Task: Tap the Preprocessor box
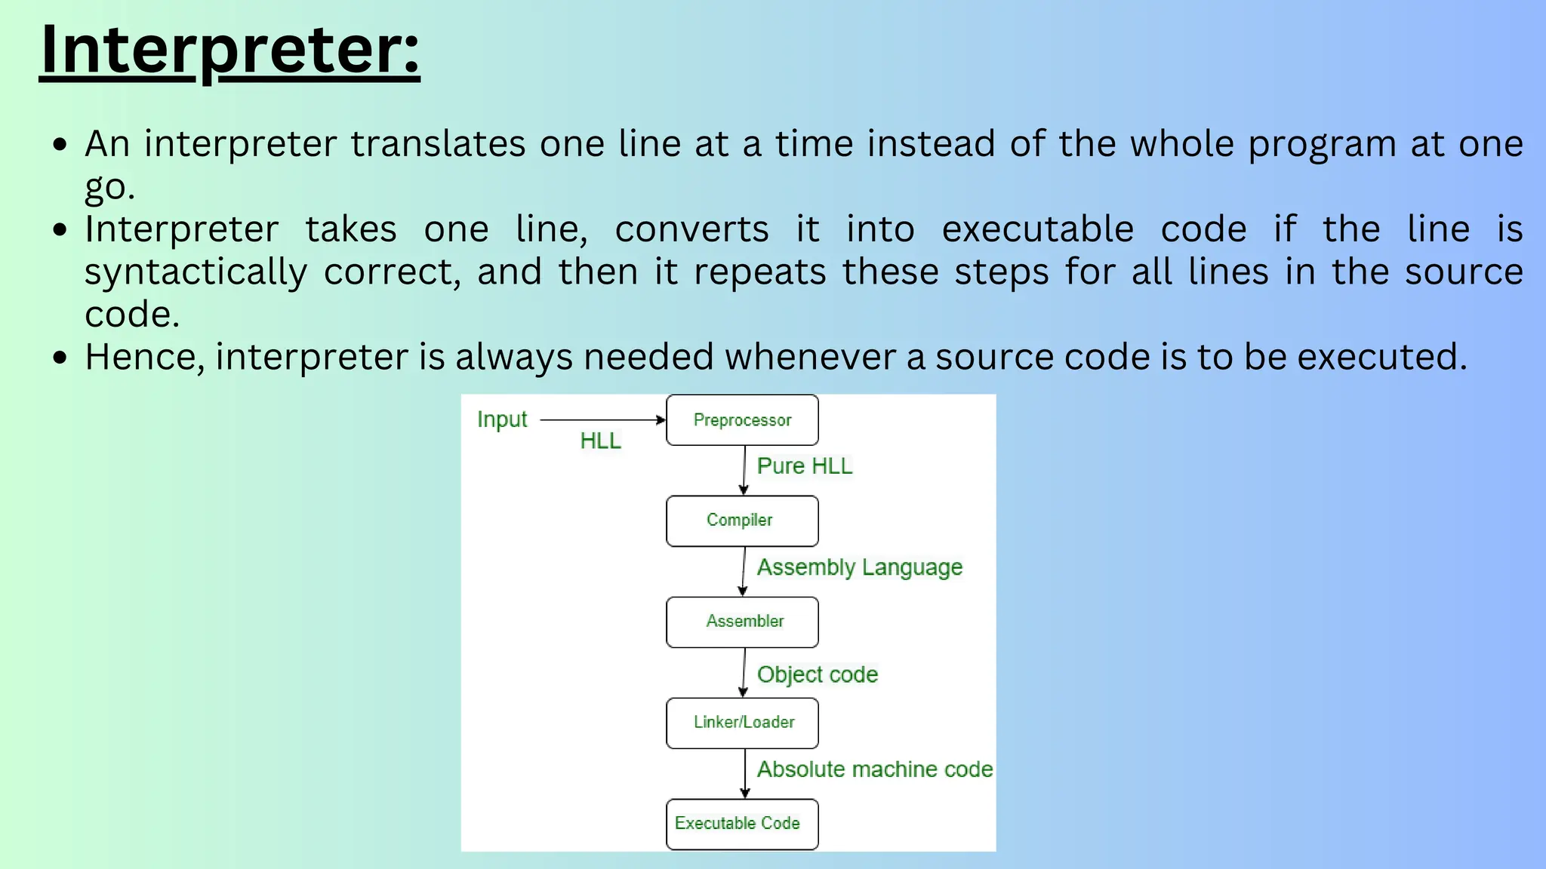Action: click(x=742, y=420)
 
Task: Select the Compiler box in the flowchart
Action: click(x=742, y=520)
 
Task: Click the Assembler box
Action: click(x=742, y=622)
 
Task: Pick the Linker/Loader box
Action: click(x=742, y=723)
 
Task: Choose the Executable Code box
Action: click(x=742, y=824)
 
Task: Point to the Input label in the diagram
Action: click(x=502, y=419)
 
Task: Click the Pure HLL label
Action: click(x=805, y=466)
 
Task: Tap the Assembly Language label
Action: click(x=860, y=567)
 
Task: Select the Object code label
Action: click(x=818, y=674)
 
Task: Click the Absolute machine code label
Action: click(x=875, y=769)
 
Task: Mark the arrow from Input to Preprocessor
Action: click(x=602, y=419)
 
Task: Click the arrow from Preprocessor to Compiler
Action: click(x=744, y=470)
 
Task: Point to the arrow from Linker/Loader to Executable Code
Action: click(x=745, y=773)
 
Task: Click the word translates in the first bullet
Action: click(x=438, y=144)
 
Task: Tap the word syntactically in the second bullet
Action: click(x=196, y=272)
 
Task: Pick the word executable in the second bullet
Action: click(x=1037, y=229)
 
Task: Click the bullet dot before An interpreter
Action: click(x=61, y=144)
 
